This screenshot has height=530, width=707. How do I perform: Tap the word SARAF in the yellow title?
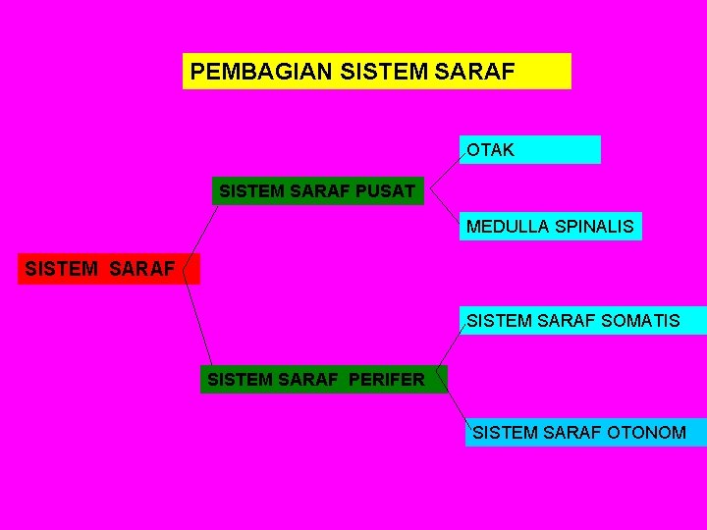pyautogui.click(x=480, y=72)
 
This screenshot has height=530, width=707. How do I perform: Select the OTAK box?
pyautogui.click(x=530, y=149)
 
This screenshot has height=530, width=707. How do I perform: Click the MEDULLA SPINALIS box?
pyautogui.click(x=551, y=227)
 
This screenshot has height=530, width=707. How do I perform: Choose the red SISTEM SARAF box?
pyautogui.click(x=108, y=268)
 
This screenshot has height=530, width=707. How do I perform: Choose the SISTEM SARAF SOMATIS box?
pyautogui.click(x=583, y=321)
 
